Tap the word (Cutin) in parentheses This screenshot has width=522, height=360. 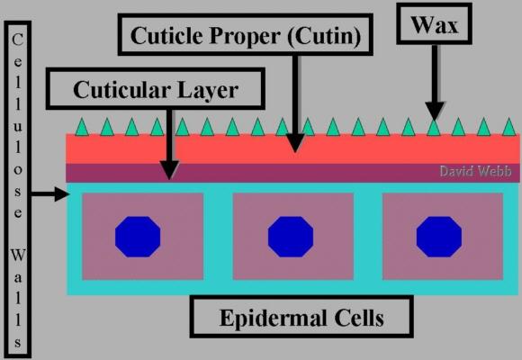pos(324,36)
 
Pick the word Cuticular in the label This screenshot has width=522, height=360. pos(121,90)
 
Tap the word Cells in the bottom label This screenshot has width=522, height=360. pos(359,318)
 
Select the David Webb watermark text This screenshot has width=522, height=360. pos(475,171)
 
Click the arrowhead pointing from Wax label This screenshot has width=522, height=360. pos(434,111)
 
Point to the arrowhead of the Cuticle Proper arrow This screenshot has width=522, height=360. pos(295,143)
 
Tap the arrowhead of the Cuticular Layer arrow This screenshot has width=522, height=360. pos(169,170)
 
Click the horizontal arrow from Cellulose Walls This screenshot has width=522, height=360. pos(49,193)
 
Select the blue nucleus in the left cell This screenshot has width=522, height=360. pos(138,237)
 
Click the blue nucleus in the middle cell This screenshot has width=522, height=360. pos(291,237)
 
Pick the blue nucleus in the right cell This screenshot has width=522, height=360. pos(439,237)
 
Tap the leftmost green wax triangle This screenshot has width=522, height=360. pos(82,127)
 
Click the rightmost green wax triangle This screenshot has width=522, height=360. pos(509,127)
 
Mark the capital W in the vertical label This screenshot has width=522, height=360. pos(18,256)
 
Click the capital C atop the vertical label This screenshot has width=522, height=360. pos(18,40)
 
